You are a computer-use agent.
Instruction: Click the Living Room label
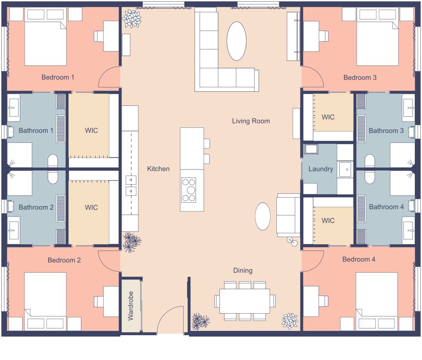(251, 121)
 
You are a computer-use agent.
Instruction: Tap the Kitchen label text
(158, 169)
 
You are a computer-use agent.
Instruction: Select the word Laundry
(321, 169)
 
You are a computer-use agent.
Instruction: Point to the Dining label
(243, 270)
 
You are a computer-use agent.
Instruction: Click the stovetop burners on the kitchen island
(189, 190)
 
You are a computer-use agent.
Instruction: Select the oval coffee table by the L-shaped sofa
(236, 41)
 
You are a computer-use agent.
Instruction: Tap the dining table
(244, 301)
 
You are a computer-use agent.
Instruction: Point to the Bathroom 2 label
(36, 207)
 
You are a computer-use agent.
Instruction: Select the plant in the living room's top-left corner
(132, 19)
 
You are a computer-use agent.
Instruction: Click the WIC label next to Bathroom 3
(328, 117)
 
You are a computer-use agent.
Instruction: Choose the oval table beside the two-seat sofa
(262, 216)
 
